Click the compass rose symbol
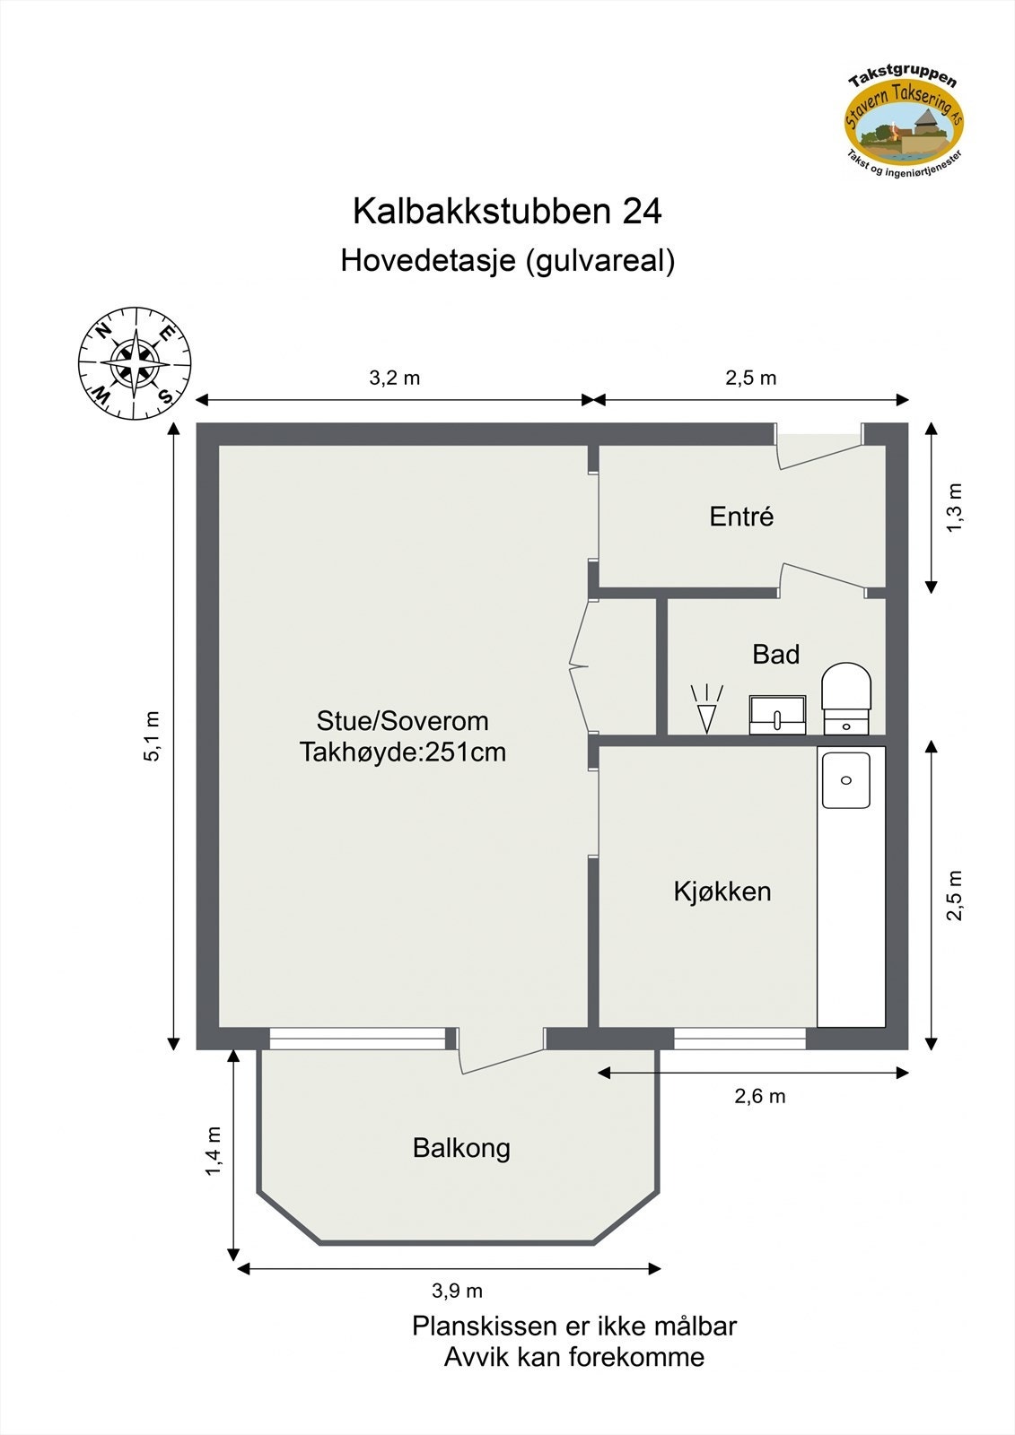click(135, 363)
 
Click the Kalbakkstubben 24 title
click(507, 212)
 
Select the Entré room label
click(741, 517)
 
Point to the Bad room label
click(775, 655)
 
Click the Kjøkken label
click(722, 891)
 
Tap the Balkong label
click(461, 1148)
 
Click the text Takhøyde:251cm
click(403, 752)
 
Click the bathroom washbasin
click(777, 715)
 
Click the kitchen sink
click(845, 780)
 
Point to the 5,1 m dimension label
click(152, 736)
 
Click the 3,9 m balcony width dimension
click(457, 1291)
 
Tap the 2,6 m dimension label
click(760, 1096)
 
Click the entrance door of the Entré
click(818, 449)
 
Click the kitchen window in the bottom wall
click(739, 1039)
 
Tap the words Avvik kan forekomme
click(573, 1357)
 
